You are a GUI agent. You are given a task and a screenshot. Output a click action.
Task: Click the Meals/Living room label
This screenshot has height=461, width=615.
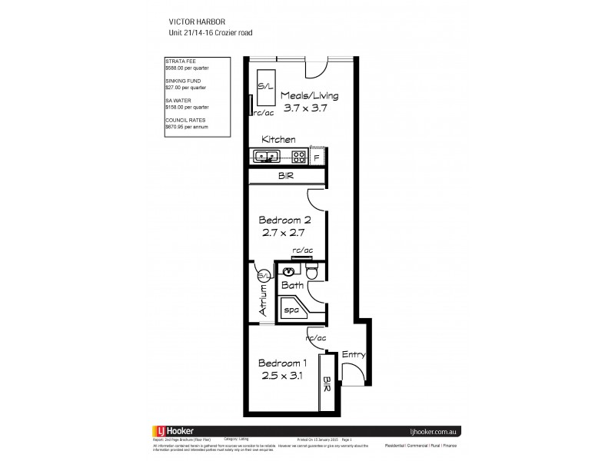pos(308,96)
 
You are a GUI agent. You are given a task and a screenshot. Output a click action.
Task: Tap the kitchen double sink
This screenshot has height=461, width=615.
pos(268,157)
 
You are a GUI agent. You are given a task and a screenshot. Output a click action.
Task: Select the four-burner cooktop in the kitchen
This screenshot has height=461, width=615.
pos(298,157)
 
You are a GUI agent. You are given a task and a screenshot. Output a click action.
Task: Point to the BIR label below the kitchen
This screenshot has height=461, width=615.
pos(285,177)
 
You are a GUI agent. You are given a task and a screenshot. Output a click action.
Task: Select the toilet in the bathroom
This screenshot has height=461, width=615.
pos(312,273)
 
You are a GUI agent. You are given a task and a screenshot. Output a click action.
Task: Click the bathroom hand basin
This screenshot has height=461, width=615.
pos(287,271)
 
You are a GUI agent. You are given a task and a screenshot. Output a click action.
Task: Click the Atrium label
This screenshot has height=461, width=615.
pos(263,300)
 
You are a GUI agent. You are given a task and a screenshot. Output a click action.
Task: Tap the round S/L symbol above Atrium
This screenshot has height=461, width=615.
pos(263,275)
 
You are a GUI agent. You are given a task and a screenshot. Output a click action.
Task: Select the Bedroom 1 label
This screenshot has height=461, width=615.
pos(284,363)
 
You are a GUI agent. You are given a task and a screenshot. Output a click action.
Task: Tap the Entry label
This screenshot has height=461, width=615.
pos(353,354)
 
